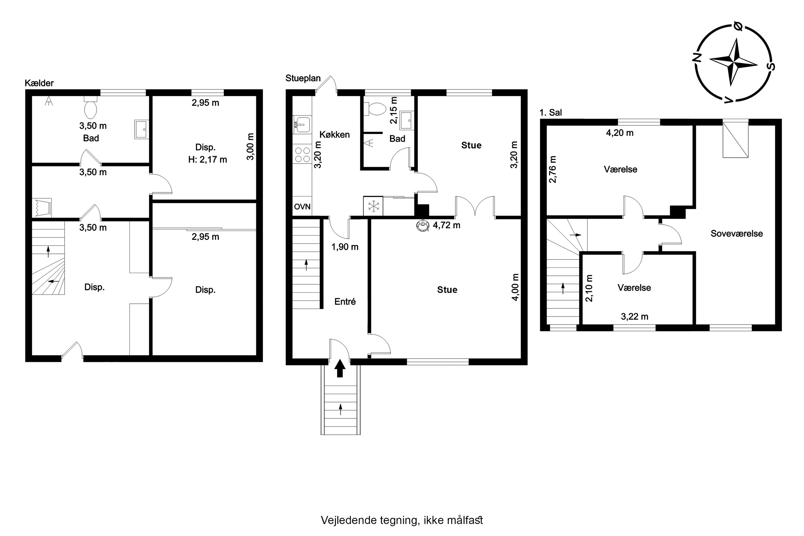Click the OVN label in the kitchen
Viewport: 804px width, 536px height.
click(x=302, y=207)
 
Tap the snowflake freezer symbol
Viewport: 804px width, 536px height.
click(x=373, y=206)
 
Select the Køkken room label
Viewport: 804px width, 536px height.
click(x=335, y=135)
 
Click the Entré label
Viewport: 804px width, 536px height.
click(x=345, y=302)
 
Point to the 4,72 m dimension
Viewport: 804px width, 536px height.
click(x=447, y=225)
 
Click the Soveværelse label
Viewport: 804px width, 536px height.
click(x=737, y=234)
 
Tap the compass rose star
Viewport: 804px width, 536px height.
click(x=733, y=62)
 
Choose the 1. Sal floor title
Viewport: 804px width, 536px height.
click(x=550, y=113)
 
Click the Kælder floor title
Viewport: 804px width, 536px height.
click(x=39, y=83)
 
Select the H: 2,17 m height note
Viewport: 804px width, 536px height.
click(x=207, y=160)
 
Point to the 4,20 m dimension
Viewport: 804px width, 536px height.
click(x=620, y=133)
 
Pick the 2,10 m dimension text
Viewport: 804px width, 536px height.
click(x=589, y=289)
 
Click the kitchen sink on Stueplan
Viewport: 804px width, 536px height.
click(x=302, y=124)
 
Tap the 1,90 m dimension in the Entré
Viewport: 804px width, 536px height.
click(x=345, y=247)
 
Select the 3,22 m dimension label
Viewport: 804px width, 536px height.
click(x=635, y=316)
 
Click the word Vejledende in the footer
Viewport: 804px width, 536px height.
click(x=349, y=521)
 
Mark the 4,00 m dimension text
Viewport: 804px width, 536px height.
click(x=515, y=287)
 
